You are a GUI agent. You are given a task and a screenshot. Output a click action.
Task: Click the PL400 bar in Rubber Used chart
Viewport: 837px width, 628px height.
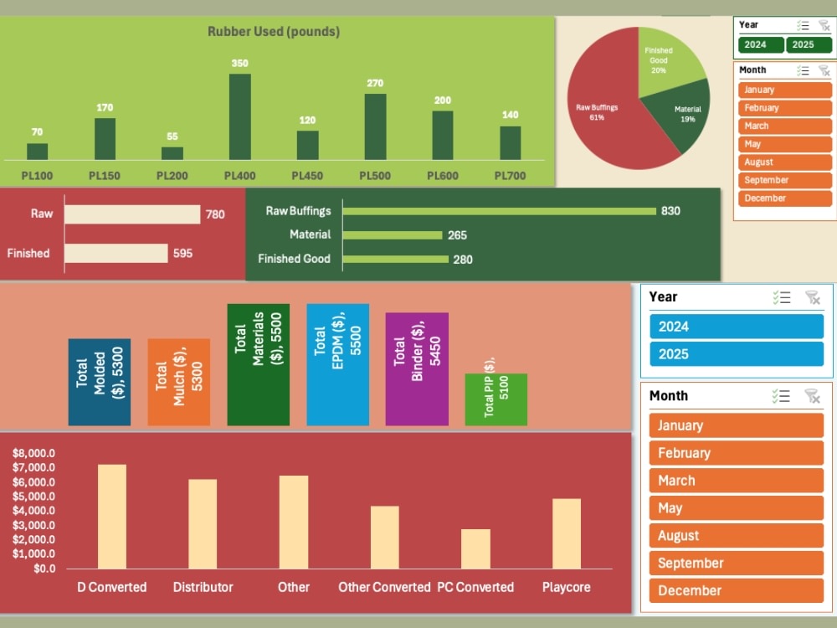click(x=239, y=116)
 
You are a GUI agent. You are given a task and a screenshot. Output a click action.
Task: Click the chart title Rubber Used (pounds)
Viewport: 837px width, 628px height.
click(x=274, y=32)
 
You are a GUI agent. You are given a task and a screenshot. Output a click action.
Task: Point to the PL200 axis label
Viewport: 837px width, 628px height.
click(x=172, y=176)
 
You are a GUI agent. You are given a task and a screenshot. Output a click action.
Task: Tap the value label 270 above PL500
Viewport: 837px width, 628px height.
click(x=375, y=83)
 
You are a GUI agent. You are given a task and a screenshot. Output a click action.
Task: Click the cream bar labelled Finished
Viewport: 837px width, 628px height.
click(x=116, y=253)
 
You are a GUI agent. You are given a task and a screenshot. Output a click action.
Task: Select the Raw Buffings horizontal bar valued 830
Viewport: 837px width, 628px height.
click(x=499, y=211)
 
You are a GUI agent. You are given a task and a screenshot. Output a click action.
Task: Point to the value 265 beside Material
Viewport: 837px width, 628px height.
click(x=457, y=235)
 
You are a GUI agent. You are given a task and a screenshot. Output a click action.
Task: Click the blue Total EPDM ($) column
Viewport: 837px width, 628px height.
click(x=337, y=364)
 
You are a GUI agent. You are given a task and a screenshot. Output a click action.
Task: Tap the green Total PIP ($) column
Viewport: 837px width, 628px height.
click(x=496, y=399)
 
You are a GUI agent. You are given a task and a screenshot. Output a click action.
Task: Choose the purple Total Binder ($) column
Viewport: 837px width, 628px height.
click(x=417, y=368)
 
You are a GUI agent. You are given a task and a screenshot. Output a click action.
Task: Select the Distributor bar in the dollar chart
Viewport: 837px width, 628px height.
click(x=203, y=524)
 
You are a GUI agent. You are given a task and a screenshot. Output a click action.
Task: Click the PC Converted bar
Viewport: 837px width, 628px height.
click(x=475, y=548)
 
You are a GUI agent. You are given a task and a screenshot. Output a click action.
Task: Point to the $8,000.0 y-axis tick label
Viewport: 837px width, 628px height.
click(x=33, y=453)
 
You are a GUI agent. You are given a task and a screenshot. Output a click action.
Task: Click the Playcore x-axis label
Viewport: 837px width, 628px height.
click(x=566, y=587)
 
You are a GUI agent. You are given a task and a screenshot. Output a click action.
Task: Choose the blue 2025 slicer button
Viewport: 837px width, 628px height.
click(x=736, y=354)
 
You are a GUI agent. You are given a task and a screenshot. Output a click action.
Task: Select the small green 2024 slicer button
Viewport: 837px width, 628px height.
click(x=761, y=45)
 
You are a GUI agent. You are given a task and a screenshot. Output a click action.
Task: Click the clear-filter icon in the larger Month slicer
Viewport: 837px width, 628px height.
click(x=812, y=396)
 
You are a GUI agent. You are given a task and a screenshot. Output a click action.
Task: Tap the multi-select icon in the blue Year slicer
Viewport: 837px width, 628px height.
click(x=782, y=297)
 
